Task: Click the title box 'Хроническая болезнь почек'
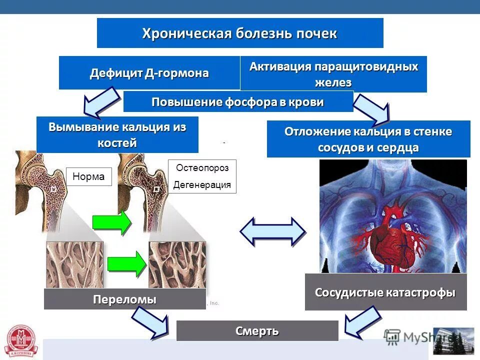[x=240, y=33]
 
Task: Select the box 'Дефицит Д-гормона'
[x=149, y=73]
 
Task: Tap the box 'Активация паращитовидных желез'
[x=333, y=74]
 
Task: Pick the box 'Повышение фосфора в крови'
[x=238, y=102]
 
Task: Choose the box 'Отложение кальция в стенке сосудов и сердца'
[x=368, y=139]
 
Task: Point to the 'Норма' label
[x=88, y=176]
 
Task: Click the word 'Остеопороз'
[x=202, y=168]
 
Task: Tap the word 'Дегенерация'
[x=202, y=185]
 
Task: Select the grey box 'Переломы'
[x=124, y=299]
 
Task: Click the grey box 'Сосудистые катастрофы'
[x=385, y=292]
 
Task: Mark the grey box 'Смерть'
[x=257, y=331]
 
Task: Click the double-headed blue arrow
[x=272, y=231]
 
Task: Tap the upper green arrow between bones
[x=111, y=221]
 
